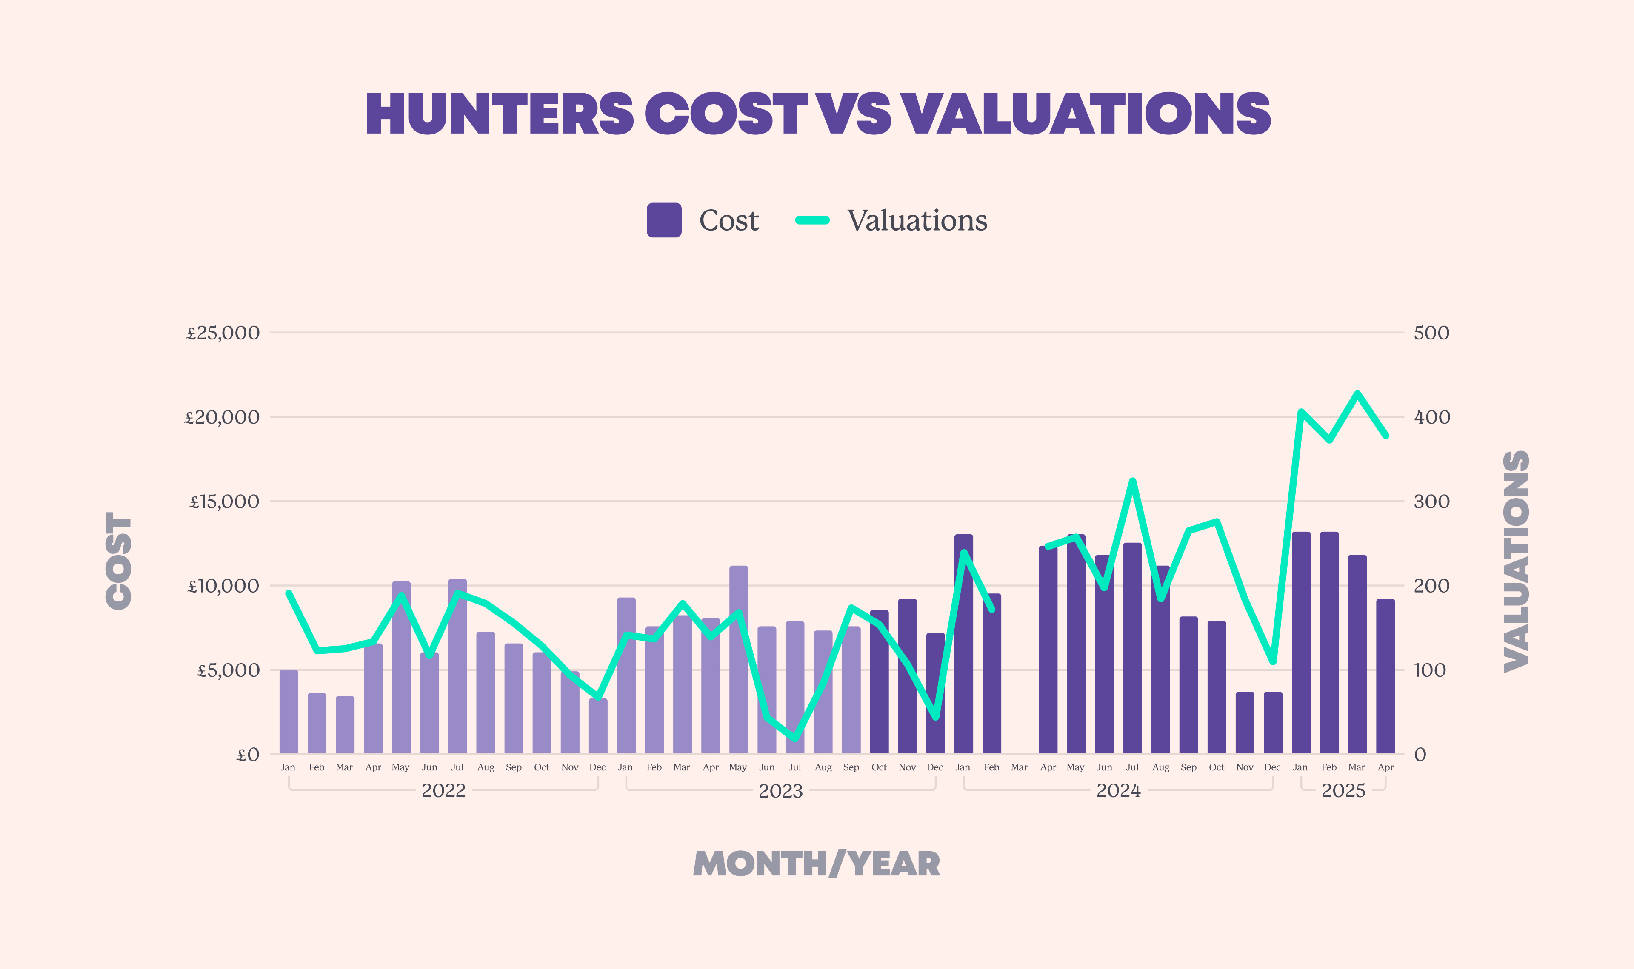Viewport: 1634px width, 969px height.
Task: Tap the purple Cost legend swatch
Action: coord(663,220)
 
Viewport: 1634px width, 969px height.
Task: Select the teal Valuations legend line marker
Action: coord(812,220)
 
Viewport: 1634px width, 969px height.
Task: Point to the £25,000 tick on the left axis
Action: coord(223,333)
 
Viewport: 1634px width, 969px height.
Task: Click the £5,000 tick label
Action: coord(228,670)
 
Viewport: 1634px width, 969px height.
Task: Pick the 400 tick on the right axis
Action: coord(1431,417)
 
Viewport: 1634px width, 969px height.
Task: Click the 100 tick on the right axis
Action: coord(1430,670)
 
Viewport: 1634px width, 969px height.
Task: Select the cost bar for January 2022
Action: coord(289,712)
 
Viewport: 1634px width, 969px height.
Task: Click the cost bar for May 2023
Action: coord(739,659)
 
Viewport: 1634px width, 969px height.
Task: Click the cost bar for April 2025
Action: coord(1385,676)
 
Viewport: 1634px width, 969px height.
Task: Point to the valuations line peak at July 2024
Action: coord(1132,481)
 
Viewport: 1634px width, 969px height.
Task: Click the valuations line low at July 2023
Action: coord(795,738)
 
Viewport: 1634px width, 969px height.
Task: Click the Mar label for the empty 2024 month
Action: coord(1019,767)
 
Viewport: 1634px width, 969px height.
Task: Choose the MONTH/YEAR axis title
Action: coord(816,864)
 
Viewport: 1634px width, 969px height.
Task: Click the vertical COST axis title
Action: coord(119,560)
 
